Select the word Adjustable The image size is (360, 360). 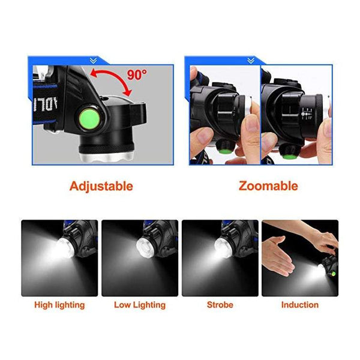tap(101, 186)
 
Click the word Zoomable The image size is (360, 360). tap(268, 186)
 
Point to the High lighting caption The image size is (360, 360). tap(59, 305)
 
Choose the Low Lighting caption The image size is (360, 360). tap(140, 305)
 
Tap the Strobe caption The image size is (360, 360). tap(220, 305)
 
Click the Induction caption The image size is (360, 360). tap(300, 305)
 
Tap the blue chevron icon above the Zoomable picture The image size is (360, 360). tap(250, 59)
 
